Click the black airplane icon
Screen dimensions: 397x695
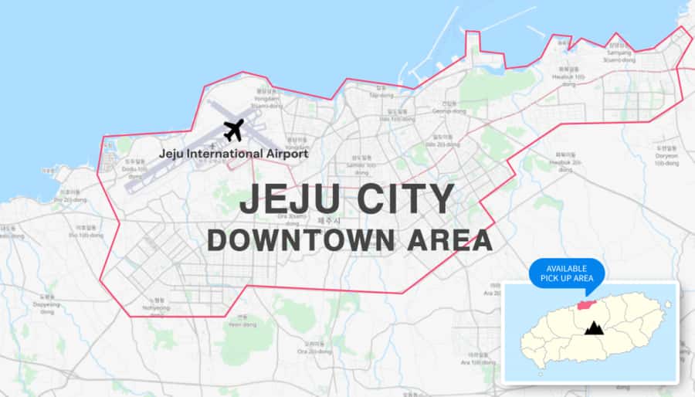[x=233, y=130]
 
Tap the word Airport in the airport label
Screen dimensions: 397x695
[x=283, y=154]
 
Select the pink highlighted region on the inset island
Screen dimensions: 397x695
[x=587, y=306]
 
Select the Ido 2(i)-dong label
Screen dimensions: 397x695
[x=438, y=143]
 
